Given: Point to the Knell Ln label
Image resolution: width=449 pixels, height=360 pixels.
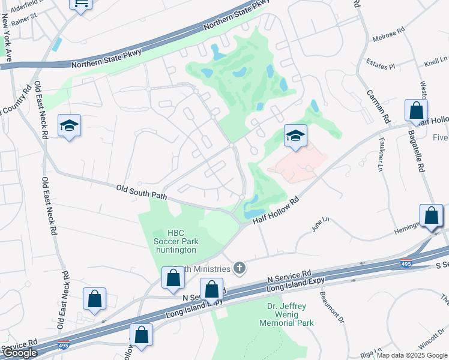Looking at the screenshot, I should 436,62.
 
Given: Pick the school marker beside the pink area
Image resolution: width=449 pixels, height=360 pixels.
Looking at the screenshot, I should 295,136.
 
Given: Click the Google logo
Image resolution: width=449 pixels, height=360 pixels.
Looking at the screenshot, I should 20,353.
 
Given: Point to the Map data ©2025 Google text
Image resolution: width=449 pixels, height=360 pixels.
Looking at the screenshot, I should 412,355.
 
